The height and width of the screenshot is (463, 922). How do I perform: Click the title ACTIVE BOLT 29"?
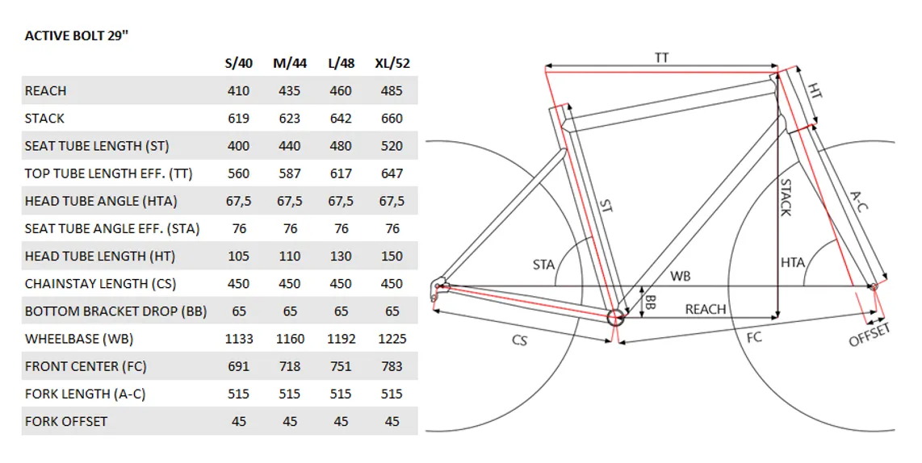(77, 35)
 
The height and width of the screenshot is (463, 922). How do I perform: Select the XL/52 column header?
(392, 64)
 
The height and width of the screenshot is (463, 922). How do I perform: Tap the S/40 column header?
(239, 64)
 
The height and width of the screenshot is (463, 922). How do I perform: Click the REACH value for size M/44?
(290, 91)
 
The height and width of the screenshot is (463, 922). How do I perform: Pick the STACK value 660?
(392, 119)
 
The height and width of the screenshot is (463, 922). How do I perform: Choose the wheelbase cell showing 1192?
(341, 339)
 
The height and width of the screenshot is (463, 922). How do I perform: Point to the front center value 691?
(239, 367)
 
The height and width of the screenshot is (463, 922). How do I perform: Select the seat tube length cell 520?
(392, 146)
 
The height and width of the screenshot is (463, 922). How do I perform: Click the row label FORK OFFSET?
(66, 422)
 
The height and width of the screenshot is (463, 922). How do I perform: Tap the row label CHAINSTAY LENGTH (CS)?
(101, 284)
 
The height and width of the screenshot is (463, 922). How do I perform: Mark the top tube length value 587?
(290, 174)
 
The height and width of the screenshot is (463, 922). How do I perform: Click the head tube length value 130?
(341, 257)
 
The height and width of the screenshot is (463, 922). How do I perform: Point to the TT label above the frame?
(662, 57)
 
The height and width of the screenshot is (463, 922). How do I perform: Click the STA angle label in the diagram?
(543, 265)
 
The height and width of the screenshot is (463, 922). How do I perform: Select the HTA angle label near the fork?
(793, 263)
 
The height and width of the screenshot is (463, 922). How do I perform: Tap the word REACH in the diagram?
(706, 309)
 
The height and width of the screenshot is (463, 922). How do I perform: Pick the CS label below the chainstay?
(520, 340)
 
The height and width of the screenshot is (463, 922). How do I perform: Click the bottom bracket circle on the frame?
(614, 317)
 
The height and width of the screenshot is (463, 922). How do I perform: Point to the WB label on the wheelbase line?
(681, 276)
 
